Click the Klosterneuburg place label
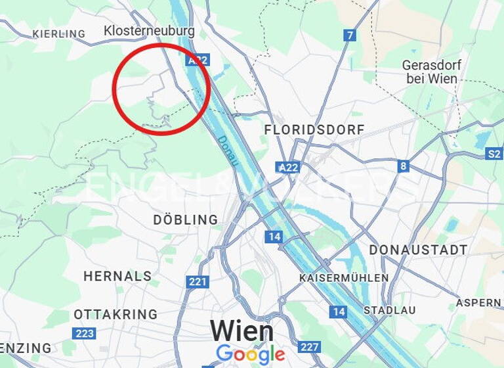coord(149,31)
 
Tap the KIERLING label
coord(59,34)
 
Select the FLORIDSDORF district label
coord(314,130)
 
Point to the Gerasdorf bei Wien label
coord(431,72)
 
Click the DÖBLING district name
coord(186,219)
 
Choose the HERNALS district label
coord(117,276)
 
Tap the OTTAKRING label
coord(115,314)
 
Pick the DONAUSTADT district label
coord(418,250)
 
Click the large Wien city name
coord(241,331)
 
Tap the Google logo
coord(250,355)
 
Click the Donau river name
coord(227,149)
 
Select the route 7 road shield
coord(350,35)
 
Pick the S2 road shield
coord(493,154)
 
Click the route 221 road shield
coord(198,282)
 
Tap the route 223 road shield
coord(84,333)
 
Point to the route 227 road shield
coord(309,346)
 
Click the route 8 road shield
coord(404,166)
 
